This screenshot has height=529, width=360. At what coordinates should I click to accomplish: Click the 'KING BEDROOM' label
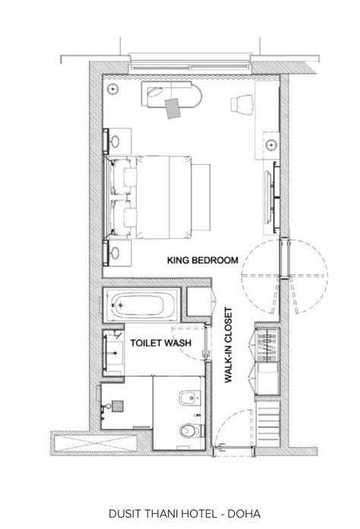202,261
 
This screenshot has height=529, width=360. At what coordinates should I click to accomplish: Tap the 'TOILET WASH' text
161,344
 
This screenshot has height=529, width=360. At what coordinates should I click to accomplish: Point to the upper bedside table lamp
116,141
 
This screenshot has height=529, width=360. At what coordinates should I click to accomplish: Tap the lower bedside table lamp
116,253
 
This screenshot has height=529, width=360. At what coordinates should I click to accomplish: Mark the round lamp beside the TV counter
271,142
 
